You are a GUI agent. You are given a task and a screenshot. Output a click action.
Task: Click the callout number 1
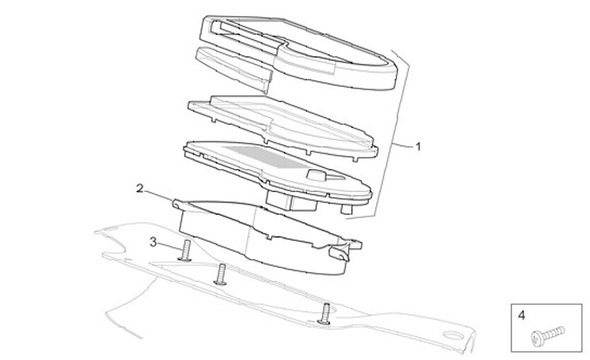[418, 148]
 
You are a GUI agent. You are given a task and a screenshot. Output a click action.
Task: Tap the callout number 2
[139, 189]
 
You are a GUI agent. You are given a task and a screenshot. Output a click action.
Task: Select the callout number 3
[153, 241]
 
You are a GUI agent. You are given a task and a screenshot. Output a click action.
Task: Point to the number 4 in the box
[520, 313]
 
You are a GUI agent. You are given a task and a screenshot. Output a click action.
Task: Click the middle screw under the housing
[220, 276]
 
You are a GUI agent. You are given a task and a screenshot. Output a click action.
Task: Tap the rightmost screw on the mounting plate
[326, 312]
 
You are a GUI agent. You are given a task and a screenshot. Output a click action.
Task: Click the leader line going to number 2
[160, 195]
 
